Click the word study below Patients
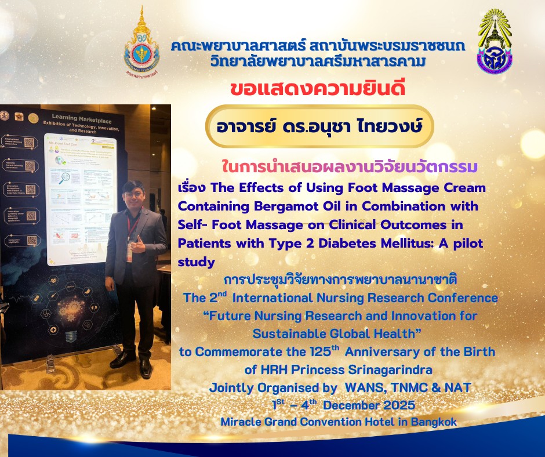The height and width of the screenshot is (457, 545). tap(197, 262)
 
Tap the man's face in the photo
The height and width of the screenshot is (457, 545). tap(135, 195)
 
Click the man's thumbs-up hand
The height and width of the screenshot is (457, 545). tap(137, 237)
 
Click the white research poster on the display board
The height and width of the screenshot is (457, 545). tap(81, 197)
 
